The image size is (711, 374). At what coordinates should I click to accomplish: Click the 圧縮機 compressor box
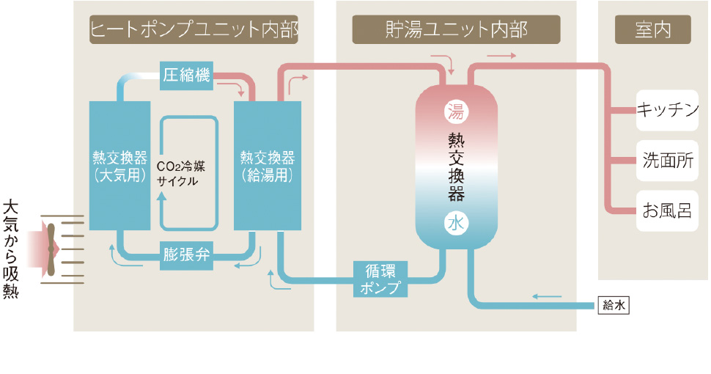click(x=187, y=76)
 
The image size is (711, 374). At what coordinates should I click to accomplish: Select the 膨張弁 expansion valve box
click(x=187, y=255)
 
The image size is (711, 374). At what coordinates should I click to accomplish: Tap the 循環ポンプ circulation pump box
click(x=380, y=278)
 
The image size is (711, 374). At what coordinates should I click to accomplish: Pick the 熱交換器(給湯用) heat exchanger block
click(x=267, y=166)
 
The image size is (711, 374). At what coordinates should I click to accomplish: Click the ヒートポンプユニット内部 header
click(x=194, y=30)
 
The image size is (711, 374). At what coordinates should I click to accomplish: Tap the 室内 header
click(x=652, y=30)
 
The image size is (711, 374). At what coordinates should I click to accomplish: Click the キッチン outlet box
click(x=667, y=111)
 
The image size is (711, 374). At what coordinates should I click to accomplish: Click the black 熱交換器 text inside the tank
click(x=456, y=167)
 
